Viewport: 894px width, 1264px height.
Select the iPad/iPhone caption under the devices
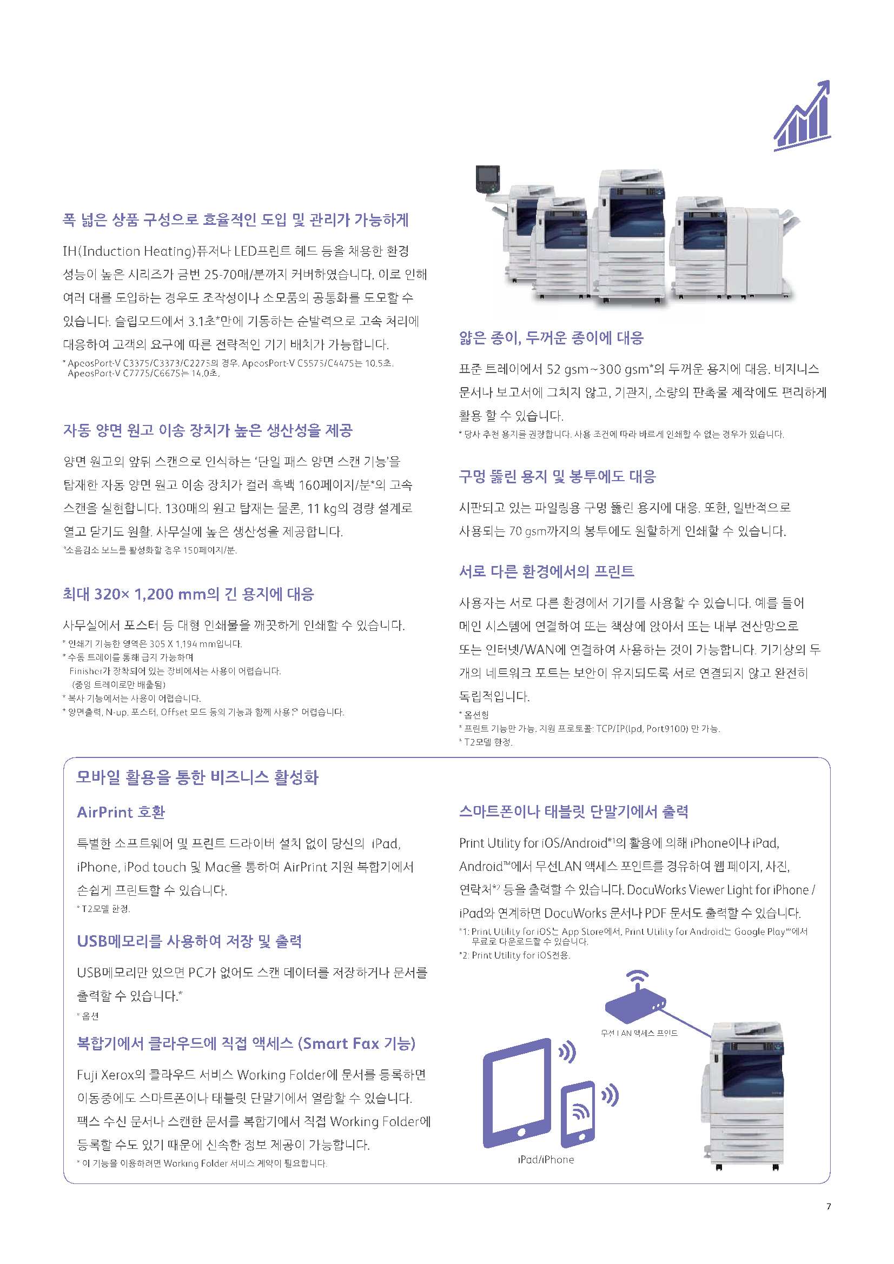coord(545,1160)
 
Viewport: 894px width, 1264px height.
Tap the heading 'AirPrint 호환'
coord(121,812)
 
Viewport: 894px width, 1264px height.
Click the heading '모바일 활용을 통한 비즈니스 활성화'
coord(197,777)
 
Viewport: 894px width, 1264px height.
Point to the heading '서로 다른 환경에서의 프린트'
coord(546,571)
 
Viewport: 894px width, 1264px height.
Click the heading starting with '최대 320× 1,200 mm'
coord(188,594)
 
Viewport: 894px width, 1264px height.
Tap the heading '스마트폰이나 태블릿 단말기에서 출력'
coord(573,811)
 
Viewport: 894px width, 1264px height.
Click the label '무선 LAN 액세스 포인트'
coord(639,1033)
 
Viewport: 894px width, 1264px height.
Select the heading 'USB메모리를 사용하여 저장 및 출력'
coord(189,941)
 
